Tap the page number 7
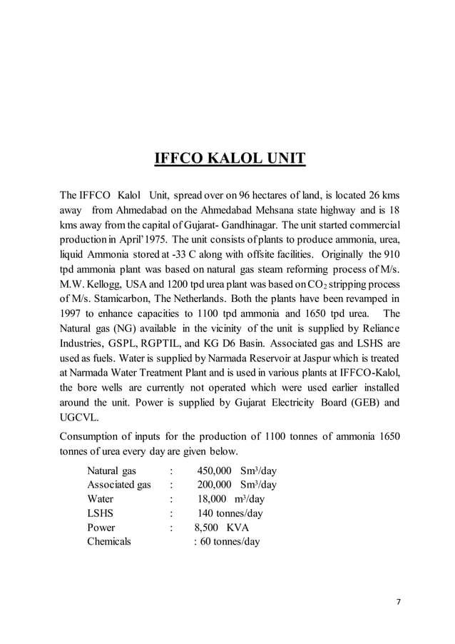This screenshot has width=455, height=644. (399, 601)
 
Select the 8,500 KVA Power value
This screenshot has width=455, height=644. (222, 528)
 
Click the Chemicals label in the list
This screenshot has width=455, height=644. (109, 541)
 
